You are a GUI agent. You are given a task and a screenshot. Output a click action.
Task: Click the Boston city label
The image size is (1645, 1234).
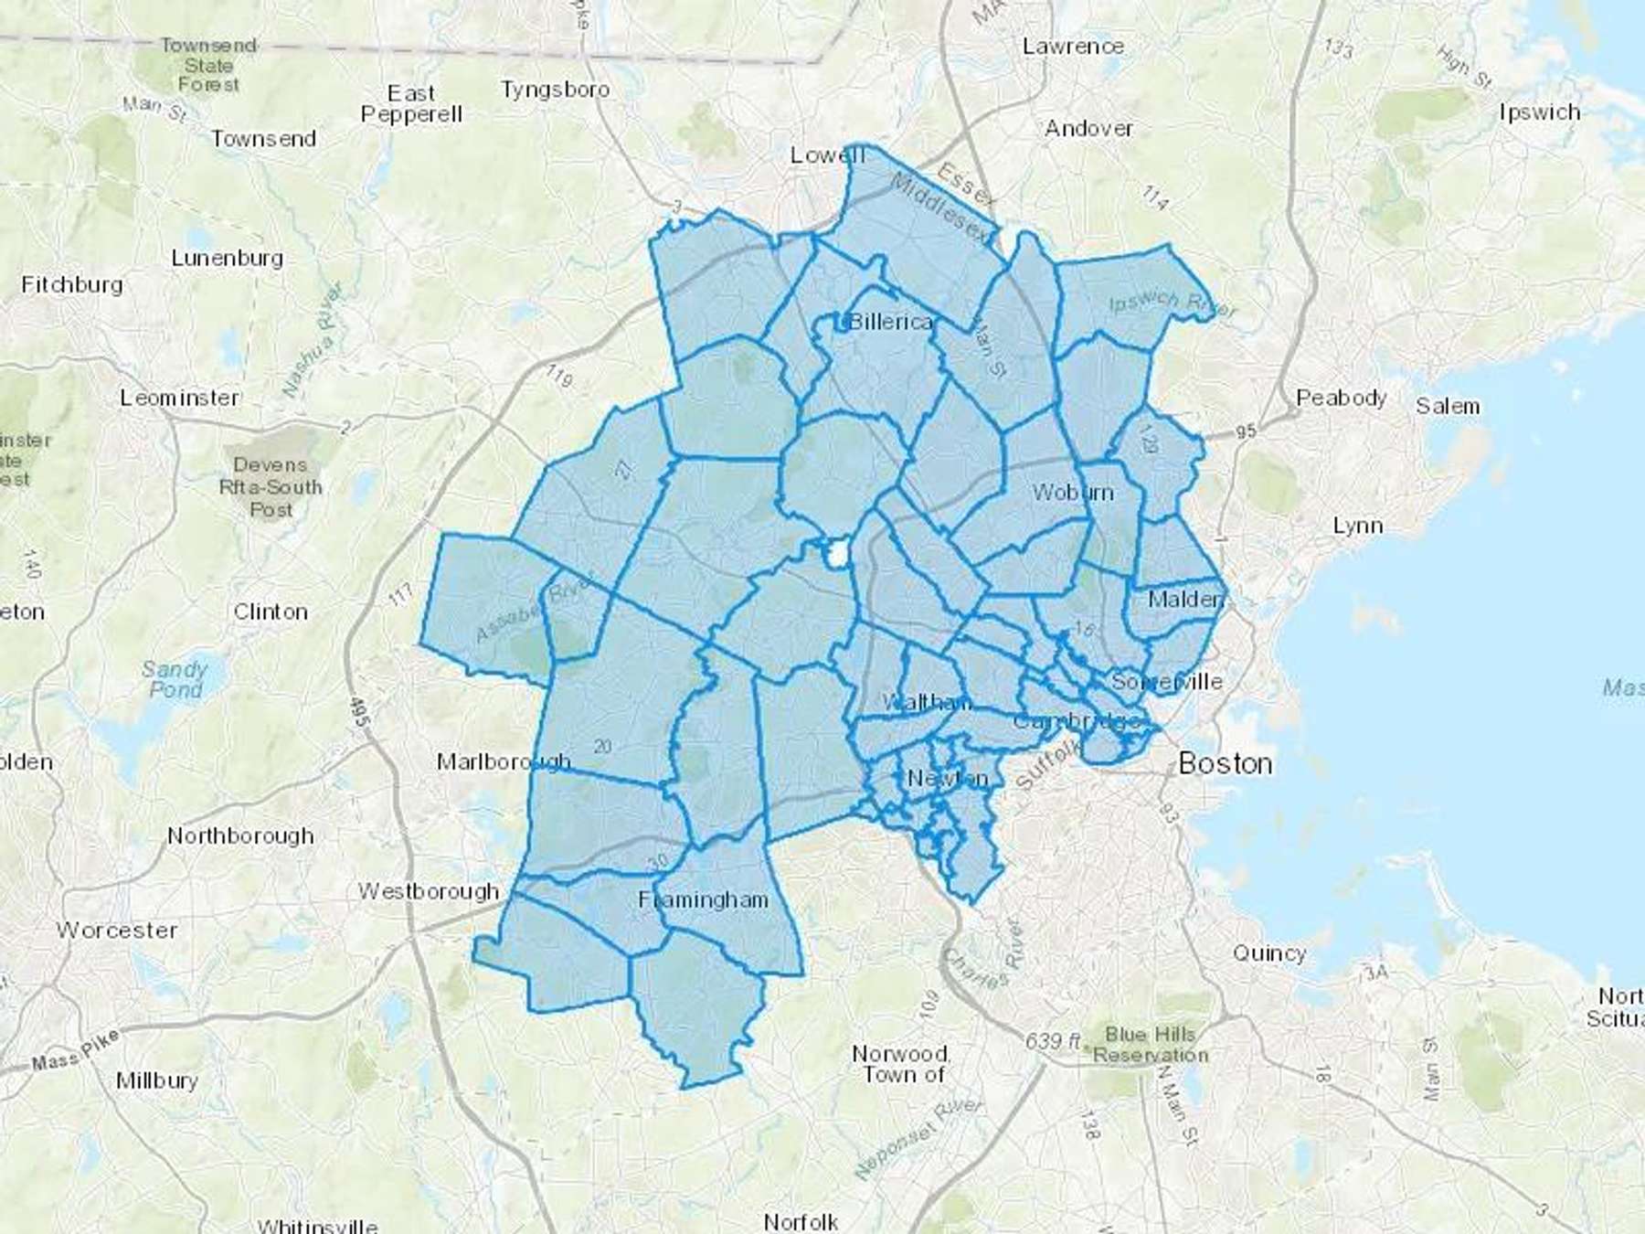tap(1225, 763)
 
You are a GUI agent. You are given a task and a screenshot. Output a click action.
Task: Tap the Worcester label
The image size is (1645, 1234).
tap(116, 930)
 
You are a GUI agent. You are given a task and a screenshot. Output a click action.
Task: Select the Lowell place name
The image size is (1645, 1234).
tap(826, 155)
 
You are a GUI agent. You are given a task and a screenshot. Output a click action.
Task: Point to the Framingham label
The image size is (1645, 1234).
tap(703, 899)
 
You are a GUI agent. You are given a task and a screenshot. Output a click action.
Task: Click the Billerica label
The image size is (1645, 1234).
tap(890, 322)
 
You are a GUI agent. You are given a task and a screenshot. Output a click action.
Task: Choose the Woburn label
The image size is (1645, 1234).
tap(1073, 493)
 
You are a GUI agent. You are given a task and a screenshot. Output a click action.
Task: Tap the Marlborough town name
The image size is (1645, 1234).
tap(503, 761)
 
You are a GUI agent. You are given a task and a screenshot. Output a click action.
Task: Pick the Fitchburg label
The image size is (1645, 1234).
tap(72, 284)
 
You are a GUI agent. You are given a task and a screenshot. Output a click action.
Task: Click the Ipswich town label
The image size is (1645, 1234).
tap(1540, 112)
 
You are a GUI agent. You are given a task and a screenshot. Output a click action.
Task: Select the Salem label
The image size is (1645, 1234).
tap(1448, 406)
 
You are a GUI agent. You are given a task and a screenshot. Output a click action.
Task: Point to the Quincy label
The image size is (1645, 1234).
tap(1269, 953)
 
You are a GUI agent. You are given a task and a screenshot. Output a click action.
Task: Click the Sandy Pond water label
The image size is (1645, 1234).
tap(175, 679)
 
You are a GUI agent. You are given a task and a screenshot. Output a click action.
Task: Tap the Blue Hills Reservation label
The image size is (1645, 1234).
tap(1151, 1044)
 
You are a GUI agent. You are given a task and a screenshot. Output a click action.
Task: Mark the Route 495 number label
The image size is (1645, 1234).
tap(359, 714)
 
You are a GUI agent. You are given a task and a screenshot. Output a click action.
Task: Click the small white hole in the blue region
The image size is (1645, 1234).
tap(837, 554)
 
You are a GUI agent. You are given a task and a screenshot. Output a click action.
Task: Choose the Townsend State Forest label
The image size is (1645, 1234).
tap(208, 65)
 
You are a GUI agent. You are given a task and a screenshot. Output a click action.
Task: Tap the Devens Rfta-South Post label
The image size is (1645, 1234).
tap(271, 486)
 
